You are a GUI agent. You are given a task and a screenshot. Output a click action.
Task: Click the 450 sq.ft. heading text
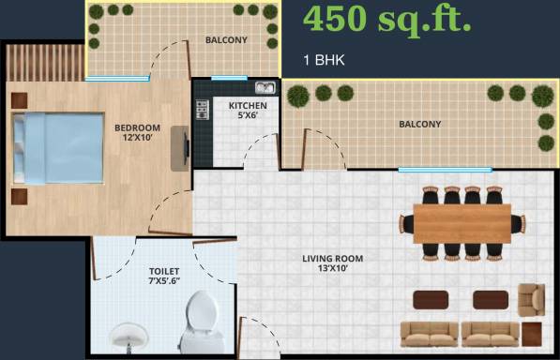pos(386,18)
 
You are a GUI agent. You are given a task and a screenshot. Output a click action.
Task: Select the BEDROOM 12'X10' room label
pos(138,132)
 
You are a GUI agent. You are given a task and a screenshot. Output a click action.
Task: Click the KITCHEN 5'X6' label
pos(248,111)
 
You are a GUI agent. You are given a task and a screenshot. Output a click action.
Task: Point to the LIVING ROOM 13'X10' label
pos(332,263)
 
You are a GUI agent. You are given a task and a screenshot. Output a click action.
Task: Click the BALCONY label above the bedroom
pos(226,39)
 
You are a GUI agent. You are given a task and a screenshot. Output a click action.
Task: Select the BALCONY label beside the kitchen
pos(419,124)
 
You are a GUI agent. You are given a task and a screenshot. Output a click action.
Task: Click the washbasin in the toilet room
pos(129,336)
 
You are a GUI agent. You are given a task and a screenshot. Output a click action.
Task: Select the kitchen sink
pos(265,89)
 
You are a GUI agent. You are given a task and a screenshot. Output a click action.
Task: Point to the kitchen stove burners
pos(201,109)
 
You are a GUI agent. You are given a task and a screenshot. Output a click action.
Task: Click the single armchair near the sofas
pos(532,298)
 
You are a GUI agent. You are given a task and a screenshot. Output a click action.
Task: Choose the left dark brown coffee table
pos(431,299)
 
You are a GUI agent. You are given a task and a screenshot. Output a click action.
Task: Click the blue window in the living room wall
pos(445,170)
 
